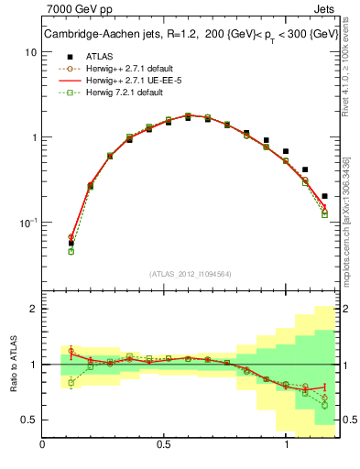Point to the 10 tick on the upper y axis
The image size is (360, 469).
(x=30, y=52)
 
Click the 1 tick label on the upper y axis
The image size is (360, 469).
(x=33, y=137)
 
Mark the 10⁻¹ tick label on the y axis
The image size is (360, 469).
(x=27, y=223)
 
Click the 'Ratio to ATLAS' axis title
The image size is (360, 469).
(x=12, y=365)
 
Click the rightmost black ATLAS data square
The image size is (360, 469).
(x=325, y=196)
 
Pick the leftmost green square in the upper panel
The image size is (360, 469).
(x=71, y=251)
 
